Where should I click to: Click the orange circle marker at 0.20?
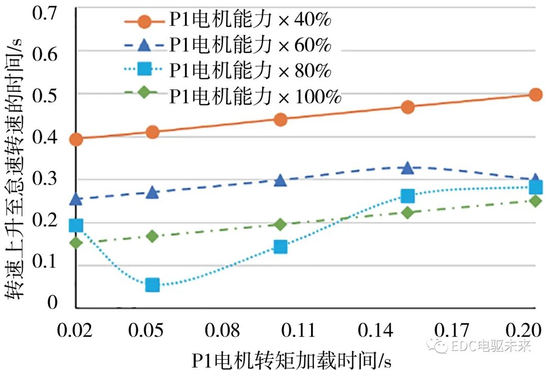[535, 95]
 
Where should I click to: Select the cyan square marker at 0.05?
[152, 284]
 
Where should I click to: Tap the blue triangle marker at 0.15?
[408, 167]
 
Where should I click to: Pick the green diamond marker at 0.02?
[76, 242]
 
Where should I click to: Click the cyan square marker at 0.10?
[280, 247]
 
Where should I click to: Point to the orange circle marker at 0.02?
[76, 139]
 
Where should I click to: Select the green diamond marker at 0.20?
[535, 201]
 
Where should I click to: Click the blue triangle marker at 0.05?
[152, 192]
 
